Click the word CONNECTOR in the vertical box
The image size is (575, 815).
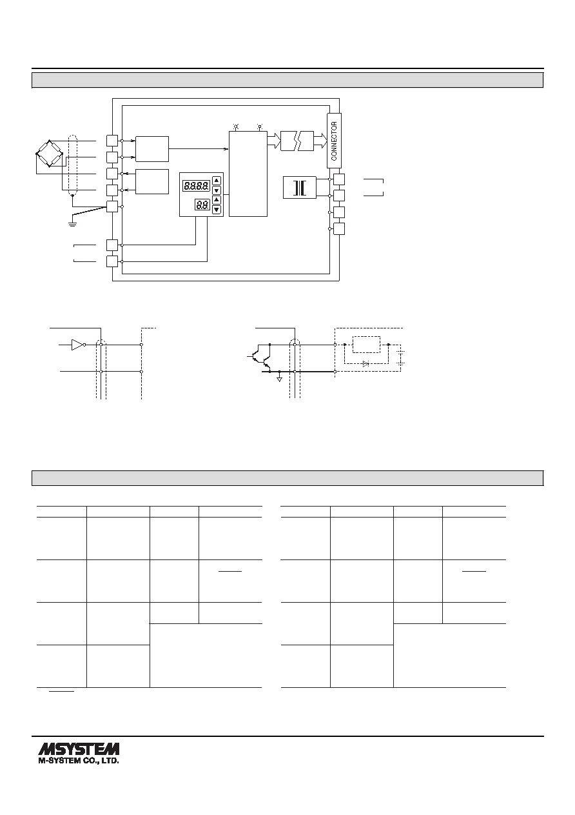(334, 141)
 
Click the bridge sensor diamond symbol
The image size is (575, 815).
(50, 153)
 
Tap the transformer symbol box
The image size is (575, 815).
(300, 188)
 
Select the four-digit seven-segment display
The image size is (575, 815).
(196, 186)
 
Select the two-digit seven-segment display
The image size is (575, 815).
(202, 205)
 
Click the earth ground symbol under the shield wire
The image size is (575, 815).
(72, 223)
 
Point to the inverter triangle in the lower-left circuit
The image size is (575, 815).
(78, 345)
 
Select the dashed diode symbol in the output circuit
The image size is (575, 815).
(366, 363)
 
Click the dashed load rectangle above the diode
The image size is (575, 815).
(366, 345)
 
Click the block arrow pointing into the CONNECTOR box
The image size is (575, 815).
(320, 141)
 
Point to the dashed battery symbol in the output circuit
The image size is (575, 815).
(400, 358)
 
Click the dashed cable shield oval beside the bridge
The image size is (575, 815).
(72, 165)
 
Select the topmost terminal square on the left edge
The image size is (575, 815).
(112, 141)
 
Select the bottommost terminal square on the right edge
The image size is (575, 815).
(339, 229)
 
